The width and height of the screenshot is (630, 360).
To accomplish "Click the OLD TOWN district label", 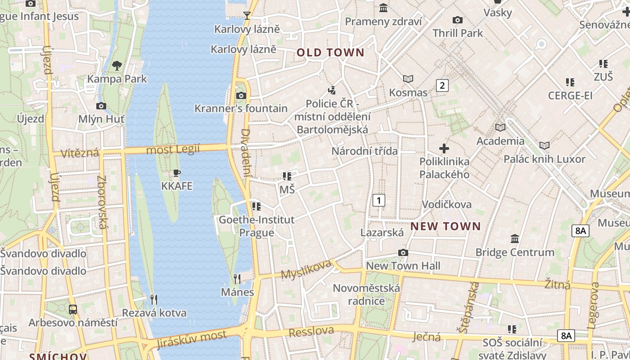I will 330,53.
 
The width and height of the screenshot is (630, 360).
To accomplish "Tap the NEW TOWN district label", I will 445,226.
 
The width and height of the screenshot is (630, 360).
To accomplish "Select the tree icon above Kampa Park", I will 117,66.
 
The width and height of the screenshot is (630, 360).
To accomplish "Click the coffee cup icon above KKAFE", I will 177,173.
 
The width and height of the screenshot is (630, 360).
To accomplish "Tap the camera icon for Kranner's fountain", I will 241,95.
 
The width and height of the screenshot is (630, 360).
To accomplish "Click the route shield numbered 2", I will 442,85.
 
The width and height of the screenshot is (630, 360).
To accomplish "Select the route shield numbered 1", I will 379,200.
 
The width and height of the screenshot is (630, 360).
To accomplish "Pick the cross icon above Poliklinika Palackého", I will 444,148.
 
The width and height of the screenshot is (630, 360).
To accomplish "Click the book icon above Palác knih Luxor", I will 544,146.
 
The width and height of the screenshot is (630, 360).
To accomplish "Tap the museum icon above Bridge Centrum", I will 515,238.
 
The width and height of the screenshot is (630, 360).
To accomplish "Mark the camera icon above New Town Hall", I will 403,252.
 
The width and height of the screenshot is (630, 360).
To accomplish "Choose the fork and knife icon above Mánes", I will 237,279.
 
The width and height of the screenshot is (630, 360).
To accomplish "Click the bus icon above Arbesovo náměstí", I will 73,310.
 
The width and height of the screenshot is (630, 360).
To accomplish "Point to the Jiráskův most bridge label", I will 192,339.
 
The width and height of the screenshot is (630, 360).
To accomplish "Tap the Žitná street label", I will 557,284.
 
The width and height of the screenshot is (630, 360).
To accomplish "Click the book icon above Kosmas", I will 408,79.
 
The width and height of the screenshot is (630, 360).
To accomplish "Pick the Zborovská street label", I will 103,202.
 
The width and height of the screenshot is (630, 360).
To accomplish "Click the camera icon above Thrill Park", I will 458,20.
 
